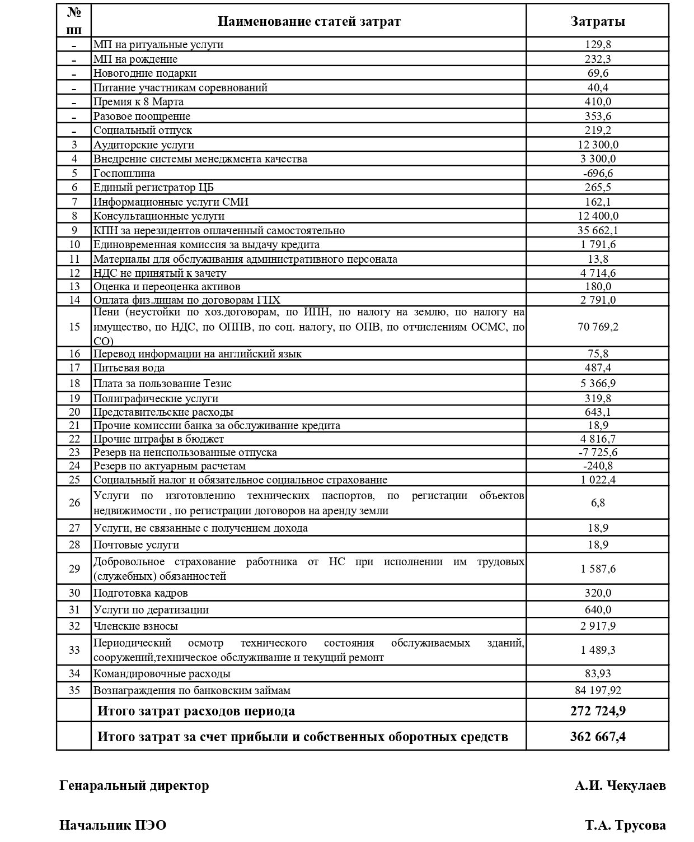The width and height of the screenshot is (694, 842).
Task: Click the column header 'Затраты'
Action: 597,21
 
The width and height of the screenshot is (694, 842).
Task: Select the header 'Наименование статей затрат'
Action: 308,21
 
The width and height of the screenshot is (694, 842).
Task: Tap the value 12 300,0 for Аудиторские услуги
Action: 598,145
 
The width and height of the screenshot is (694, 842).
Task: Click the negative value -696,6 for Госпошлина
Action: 598,173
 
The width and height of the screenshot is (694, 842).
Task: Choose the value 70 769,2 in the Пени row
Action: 598,326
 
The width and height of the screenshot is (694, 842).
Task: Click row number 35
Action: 74,690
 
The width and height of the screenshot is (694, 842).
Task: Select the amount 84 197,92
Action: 598,690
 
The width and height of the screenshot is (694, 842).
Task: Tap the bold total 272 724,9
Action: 598,711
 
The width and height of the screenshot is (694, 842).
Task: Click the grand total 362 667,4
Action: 598,736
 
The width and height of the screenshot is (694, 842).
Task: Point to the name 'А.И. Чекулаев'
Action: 620,785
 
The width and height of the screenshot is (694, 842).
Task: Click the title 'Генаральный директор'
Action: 134,785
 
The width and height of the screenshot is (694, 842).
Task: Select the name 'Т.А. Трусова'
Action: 626,825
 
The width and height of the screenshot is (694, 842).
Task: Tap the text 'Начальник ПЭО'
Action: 113,825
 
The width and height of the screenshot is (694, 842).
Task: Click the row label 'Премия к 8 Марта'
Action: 138,101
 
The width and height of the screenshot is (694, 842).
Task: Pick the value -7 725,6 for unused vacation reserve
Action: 598,452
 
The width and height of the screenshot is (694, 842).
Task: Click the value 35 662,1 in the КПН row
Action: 598,230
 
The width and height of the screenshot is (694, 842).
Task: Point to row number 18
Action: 74,383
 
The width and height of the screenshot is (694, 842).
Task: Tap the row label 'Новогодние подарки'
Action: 145,73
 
